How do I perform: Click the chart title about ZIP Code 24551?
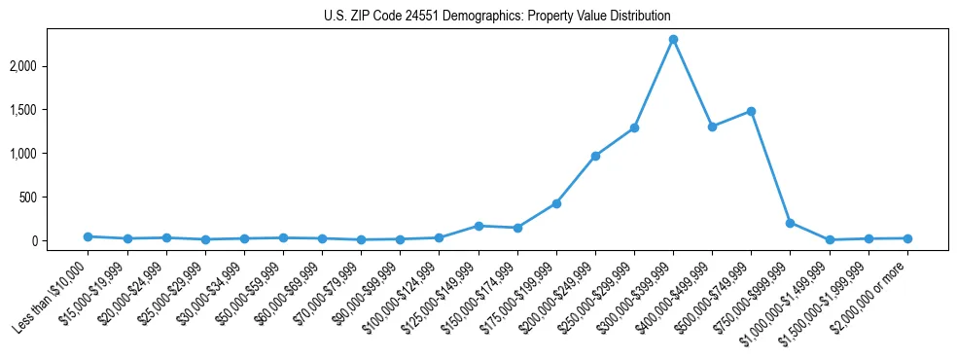[x=497, y=17]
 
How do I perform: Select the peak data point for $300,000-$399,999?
[x=673, y=40]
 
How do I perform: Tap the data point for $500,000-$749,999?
[x=751, y=111]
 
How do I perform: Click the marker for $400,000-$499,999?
[x=712, y=126]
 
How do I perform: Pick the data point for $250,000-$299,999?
[x=634, y=127]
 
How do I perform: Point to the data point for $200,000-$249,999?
[x=595, y=156]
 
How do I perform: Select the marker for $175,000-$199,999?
[x=556, y=203]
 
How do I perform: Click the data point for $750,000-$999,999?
[x=790, y=223]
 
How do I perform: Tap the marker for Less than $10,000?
[x=88, y=236]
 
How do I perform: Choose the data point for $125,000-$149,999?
[x=478, y=226]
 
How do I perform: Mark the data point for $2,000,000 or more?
[x=907, y=238]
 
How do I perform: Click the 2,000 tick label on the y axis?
[x=50, y=66]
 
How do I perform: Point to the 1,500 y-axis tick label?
[x=50, y=110]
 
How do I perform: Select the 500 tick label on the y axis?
[x=55, y=198]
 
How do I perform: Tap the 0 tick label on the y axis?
[x=60, y=241]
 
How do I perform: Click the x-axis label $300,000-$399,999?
[x=634, y=295]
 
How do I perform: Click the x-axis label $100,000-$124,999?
[x=401, y=295]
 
